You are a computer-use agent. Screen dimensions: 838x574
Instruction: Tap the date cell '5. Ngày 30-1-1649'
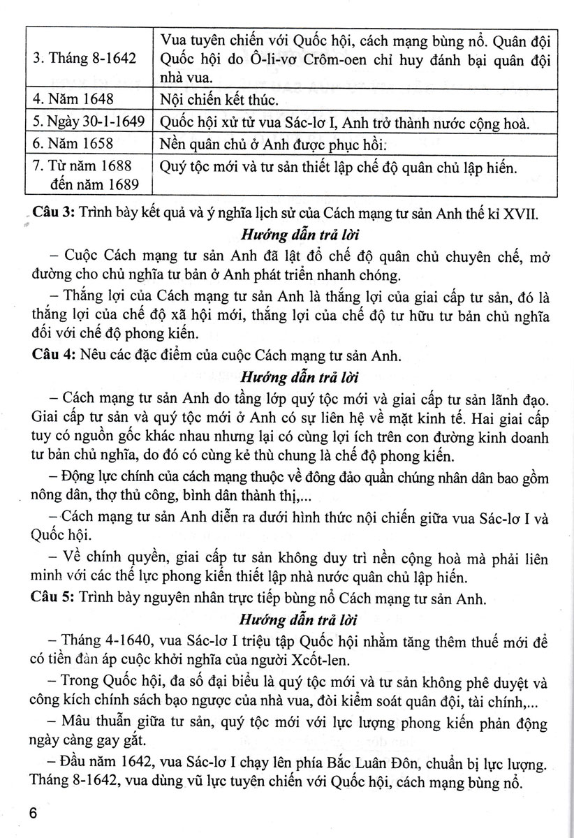85,124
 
